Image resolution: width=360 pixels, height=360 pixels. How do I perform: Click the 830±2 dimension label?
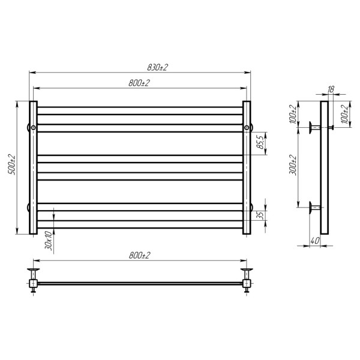[157, 67]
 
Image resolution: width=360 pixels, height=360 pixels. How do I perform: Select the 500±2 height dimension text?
[12, 164]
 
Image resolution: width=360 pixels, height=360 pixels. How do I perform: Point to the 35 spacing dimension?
[260, 215]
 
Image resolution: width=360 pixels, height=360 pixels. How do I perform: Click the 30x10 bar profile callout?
[49, 241]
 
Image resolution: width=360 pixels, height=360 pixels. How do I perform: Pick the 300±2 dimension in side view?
[293, 166]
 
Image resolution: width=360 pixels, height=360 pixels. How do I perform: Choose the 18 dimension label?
[331, 89]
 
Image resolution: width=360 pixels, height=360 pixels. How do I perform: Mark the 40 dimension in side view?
[315, 241]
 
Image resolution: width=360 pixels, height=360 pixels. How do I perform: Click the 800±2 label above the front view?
[139, 83]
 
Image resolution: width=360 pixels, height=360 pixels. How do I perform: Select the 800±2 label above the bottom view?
[139, 256]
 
